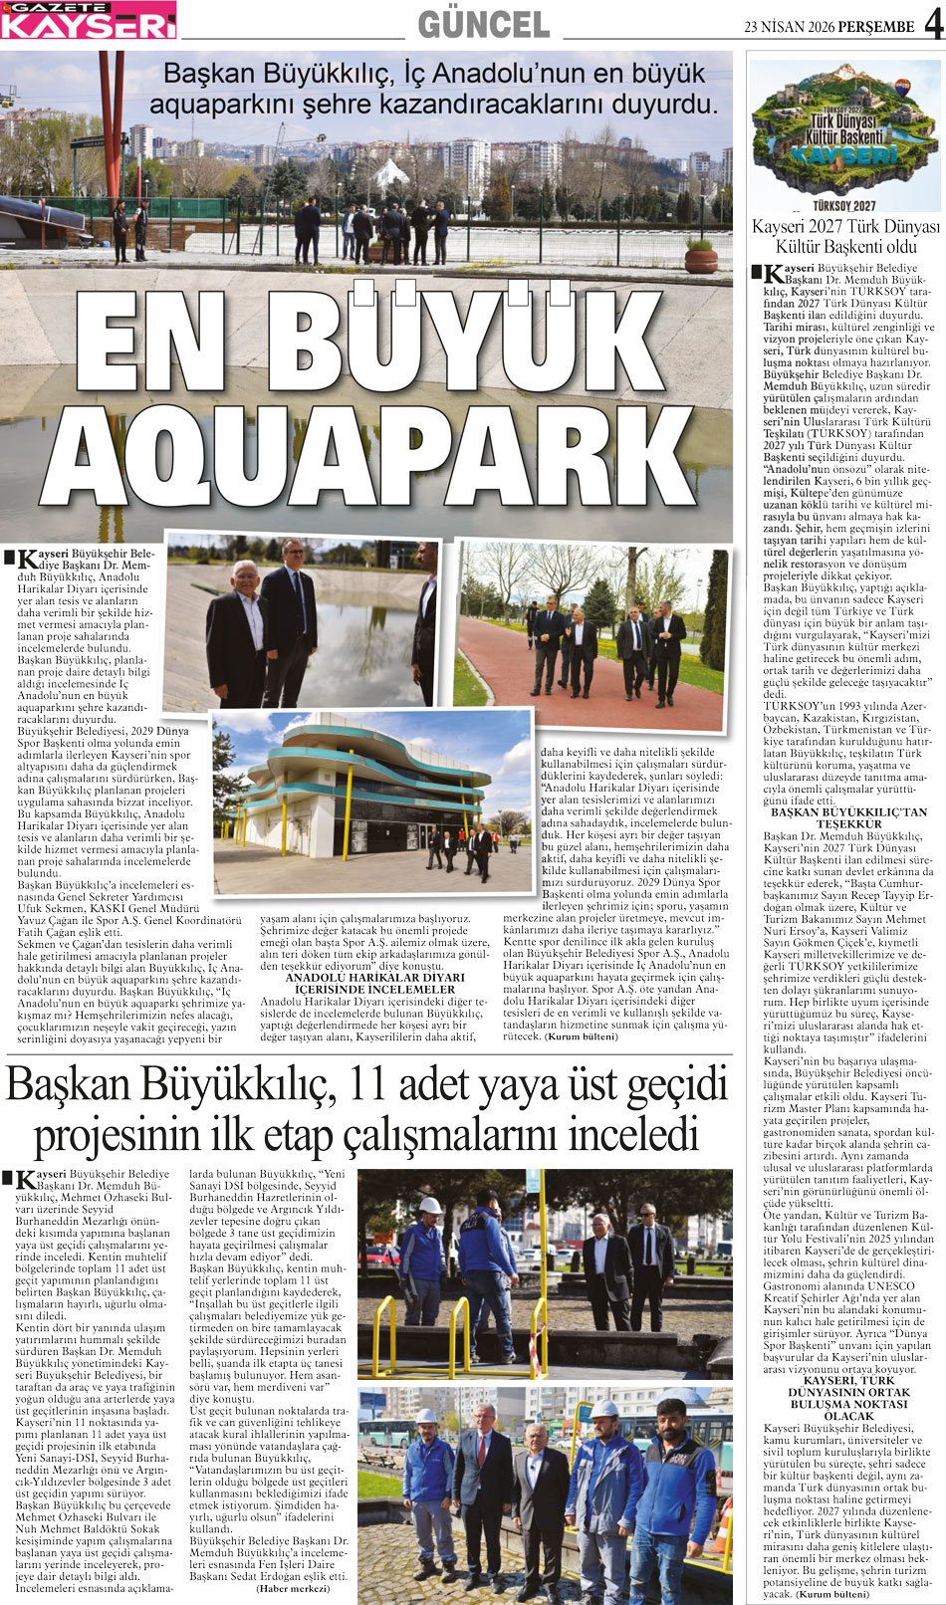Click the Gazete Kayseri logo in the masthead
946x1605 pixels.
click(89, 20)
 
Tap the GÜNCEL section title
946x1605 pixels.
click(483, 23)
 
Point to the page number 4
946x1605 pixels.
click(933, 22)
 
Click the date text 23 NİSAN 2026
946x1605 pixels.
click(792, 27)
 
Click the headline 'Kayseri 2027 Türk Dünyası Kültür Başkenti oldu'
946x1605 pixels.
click(844, 236)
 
